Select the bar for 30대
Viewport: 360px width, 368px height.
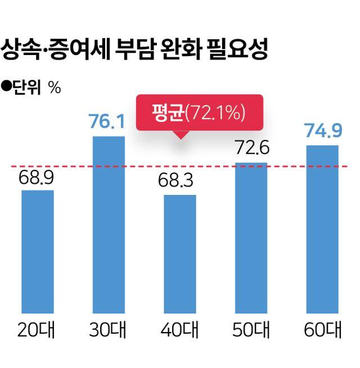[109, 224]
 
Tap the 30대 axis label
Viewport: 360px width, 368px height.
[108, 330]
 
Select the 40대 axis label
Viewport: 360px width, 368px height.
[180, 330]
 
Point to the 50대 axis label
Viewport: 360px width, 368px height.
[251, 330]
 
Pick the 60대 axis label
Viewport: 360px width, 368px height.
[323, 330]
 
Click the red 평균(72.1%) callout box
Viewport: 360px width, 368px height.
[199, 112]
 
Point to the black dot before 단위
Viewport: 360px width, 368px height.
[7, 87]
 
